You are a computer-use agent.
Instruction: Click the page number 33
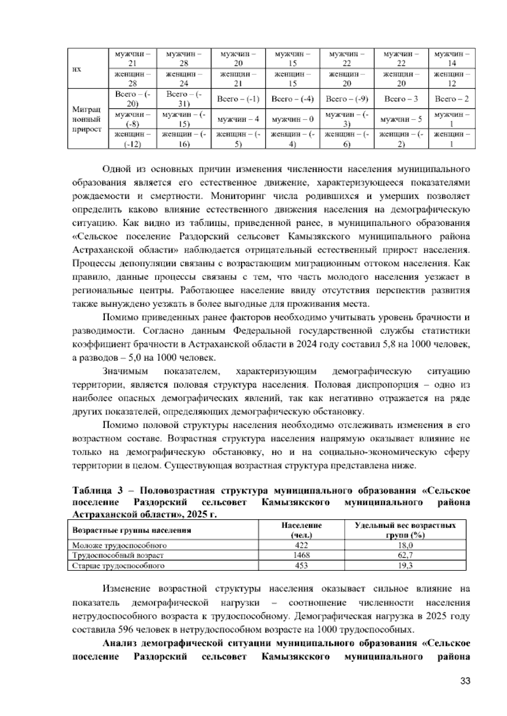pyautogui.click(x=465, y=681)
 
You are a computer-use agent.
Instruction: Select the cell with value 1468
pyautogui.click(x=301, y=556)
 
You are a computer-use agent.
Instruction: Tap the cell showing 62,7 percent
pyautogui.click(x=405, y=556)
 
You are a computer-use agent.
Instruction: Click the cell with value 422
pyautogui.click(x=301, y=545)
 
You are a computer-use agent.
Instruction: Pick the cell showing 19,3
pyautogui.click(x=405, y=566)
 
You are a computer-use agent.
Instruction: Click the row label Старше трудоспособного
pyautogui.click(x=118, y=566)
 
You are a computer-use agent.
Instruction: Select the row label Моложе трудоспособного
pyautogui.click(x=120, y=545)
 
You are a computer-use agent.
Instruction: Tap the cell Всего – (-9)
pyautogui.click(x=347, y=99)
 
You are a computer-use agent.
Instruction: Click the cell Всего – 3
pyautogui.click(x=401, y=99)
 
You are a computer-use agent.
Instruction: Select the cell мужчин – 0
pyautogui.click(x=292, y=119)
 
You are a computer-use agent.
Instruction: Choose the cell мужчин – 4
pyautogui.click(x=238, y=119)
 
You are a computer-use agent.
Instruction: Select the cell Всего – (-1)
pyautogui.click(x=238, y=99)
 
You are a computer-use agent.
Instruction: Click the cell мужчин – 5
pyautogui.click(x=401, y=119)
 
